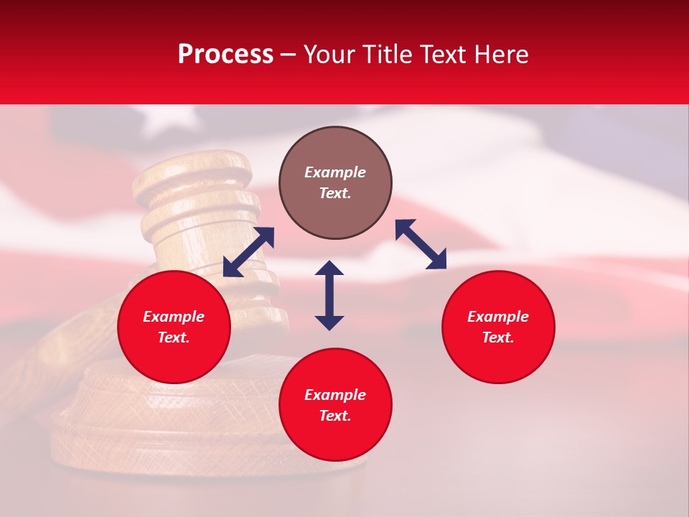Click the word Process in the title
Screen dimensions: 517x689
[225, 55]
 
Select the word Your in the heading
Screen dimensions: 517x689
[327, 55]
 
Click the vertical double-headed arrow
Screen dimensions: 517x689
[329, 295]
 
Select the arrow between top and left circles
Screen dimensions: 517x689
[248, 251]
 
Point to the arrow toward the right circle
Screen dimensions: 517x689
[421, 244]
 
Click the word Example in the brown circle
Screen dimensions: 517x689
[335, 172]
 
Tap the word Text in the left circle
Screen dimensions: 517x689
[174, 337]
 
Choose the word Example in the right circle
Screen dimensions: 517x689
[498, 317]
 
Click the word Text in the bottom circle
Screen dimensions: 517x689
[335, 416]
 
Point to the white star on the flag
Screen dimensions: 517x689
[167, 119]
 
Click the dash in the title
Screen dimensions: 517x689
[288, 55]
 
